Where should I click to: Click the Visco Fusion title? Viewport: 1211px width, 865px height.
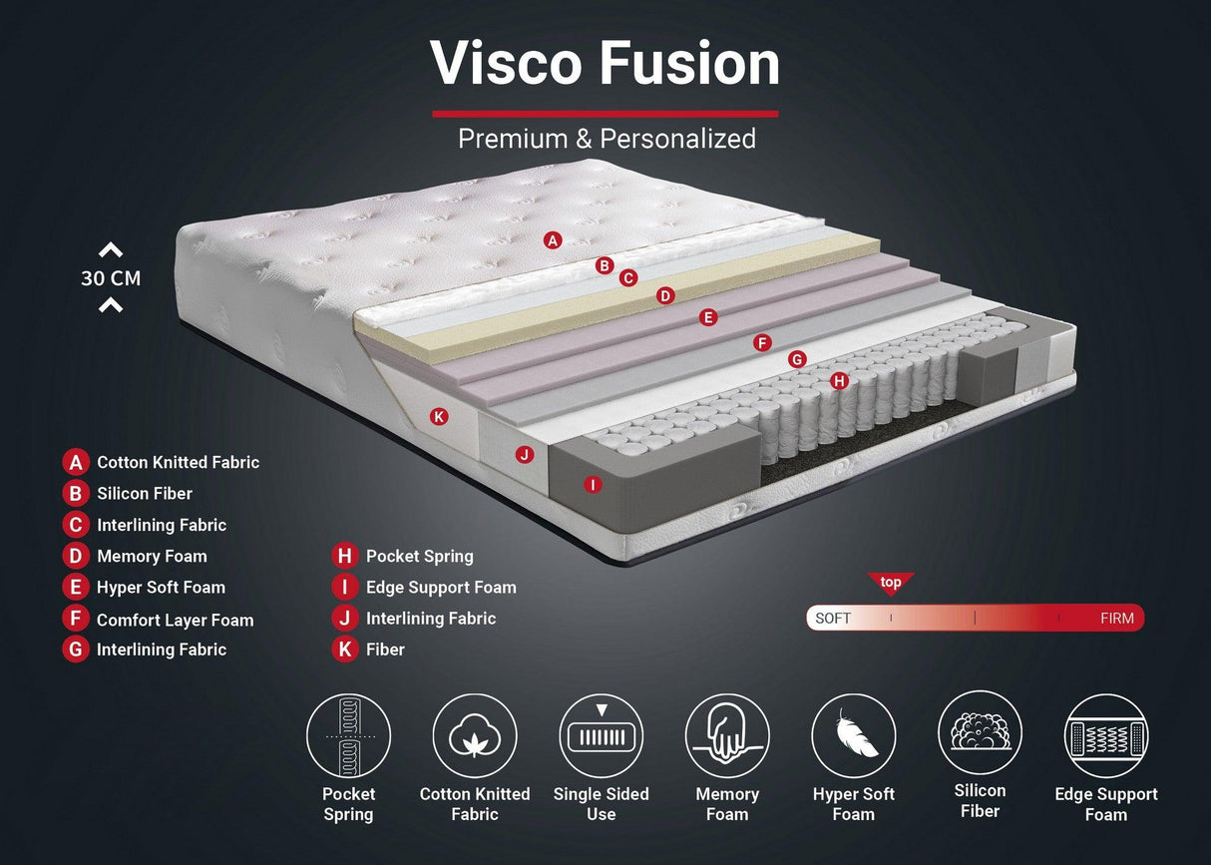point(605,64)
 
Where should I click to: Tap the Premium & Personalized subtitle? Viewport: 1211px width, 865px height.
point(606,139)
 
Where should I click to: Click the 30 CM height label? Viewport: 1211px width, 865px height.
point(111,278)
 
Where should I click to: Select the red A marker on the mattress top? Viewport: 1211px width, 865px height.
point(554,239)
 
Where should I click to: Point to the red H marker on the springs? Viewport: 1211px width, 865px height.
point(839,380)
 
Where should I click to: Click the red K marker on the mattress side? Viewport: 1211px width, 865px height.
point(439,416)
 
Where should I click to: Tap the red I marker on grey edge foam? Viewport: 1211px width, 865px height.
point(593,485)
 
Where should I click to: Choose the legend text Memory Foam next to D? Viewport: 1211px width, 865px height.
point(152,556)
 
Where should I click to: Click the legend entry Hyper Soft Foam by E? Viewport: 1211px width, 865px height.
point(161,587)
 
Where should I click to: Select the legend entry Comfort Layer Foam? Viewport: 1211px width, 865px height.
point(175,620)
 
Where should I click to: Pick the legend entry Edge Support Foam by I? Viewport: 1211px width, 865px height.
point(441,587)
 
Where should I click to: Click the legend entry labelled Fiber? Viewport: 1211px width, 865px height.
point(385,649)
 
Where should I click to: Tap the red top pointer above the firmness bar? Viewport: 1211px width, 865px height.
point(891,584)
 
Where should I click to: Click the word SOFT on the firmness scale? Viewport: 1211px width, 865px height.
point(833,619)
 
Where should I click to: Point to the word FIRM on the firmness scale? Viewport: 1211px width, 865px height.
point(1116,619)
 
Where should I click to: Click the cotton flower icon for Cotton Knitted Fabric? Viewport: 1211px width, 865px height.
point(475,736)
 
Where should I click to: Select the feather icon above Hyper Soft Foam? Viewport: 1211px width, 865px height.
point(853,736)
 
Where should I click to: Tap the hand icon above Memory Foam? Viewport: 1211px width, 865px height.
point(727,736)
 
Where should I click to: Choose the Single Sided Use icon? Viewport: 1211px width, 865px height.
point(601,736)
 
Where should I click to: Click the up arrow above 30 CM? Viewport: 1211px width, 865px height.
point(111,250)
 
